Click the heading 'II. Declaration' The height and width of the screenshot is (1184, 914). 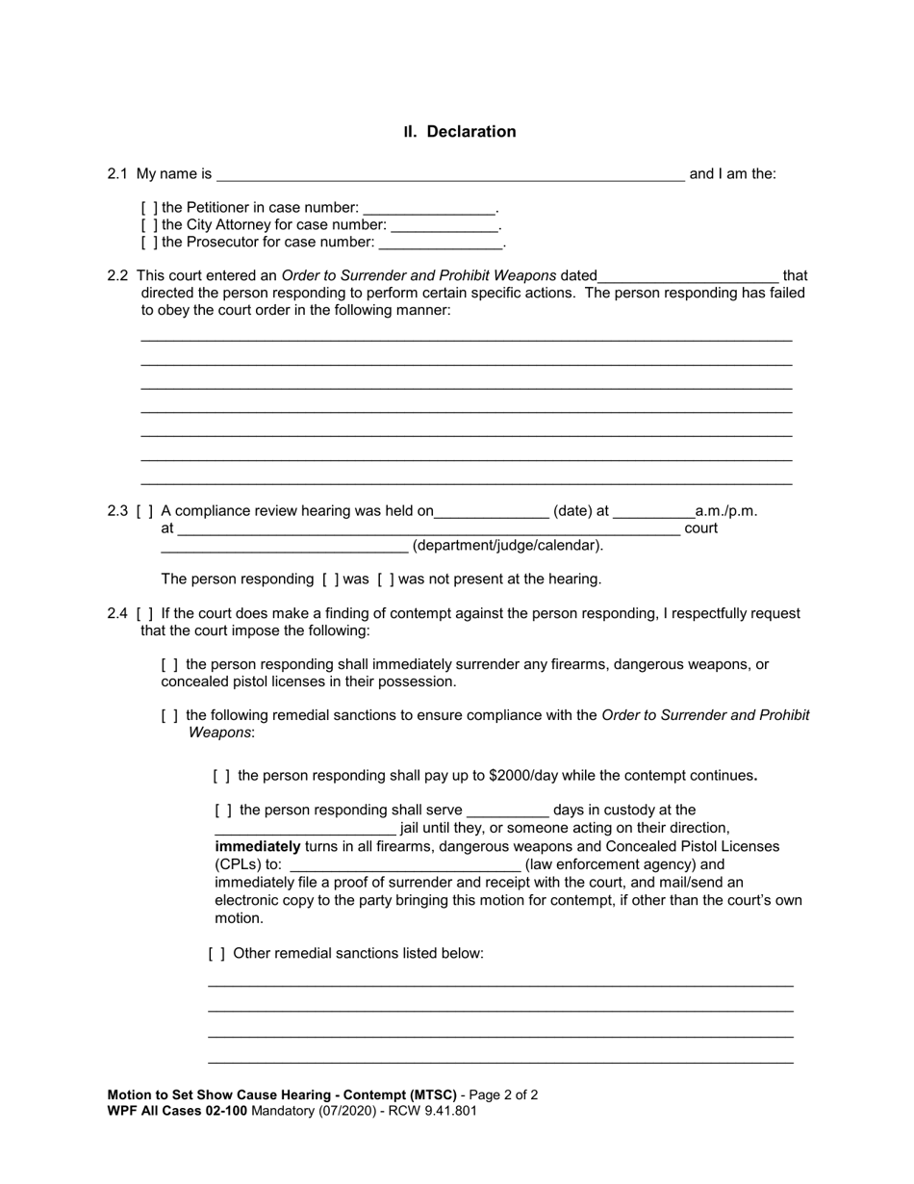click(x=460, y=132)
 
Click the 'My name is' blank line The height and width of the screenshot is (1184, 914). click(x=450, y=175)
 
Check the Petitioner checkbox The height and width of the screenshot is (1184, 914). click(x=149, y=208)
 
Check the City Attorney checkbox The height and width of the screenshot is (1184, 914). click(x=149, y=225)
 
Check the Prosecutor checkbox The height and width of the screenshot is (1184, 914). click(x=149, y=243)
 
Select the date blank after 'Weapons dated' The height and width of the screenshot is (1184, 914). click(x=687, y=276)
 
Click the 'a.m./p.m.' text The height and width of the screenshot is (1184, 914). click(x=726, y=511)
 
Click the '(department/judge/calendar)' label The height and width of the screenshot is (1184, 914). click(x=508, y=546)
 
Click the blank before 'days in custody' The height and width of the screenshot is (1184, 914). click(x=507, y=811)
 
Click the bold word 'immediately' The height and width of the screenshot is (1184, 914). click(x=258, y=846)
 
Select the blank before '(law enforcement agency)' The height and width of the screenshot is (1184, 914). click(x=404, y=865)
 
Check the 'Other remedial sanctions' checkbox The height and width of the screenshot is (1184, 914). click(x=217, y=954)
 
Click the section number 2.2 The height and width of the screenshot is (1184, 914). click(x=117, y=276)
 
